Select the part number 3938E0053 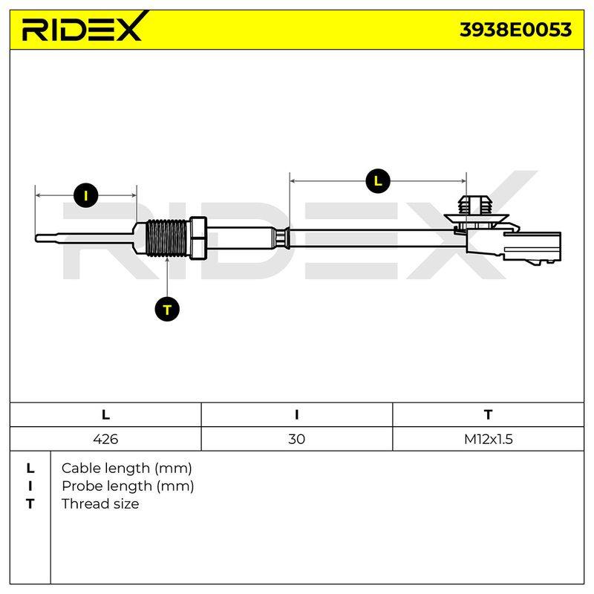[515, 30]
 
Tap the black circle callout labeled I [86, 195]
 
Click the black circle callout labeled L [378, 180]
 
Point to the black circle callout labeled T [167, 310]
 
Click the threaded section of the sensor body [166, 238]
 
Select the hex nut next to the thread [198, 238]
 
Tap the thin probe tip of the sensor [84, 238]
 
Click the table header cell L [105, 415]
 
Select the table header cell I [296, 415]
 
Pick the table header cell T [489, 415]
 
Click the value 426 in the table [105, 439]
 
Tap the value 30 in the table [296, 439]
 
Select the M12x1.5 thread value [489, 439]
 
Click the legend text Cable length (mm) [126, 469]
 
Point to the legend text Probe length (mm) [128, 486]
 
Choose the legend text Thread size [100, 504]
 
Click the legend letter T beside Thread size [30, 504]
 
